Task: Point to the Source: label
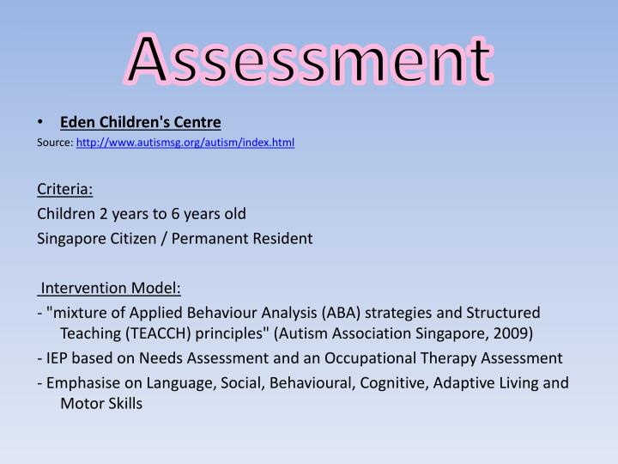coord(56,143)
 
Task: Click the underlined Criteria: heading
coord(65,188)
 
